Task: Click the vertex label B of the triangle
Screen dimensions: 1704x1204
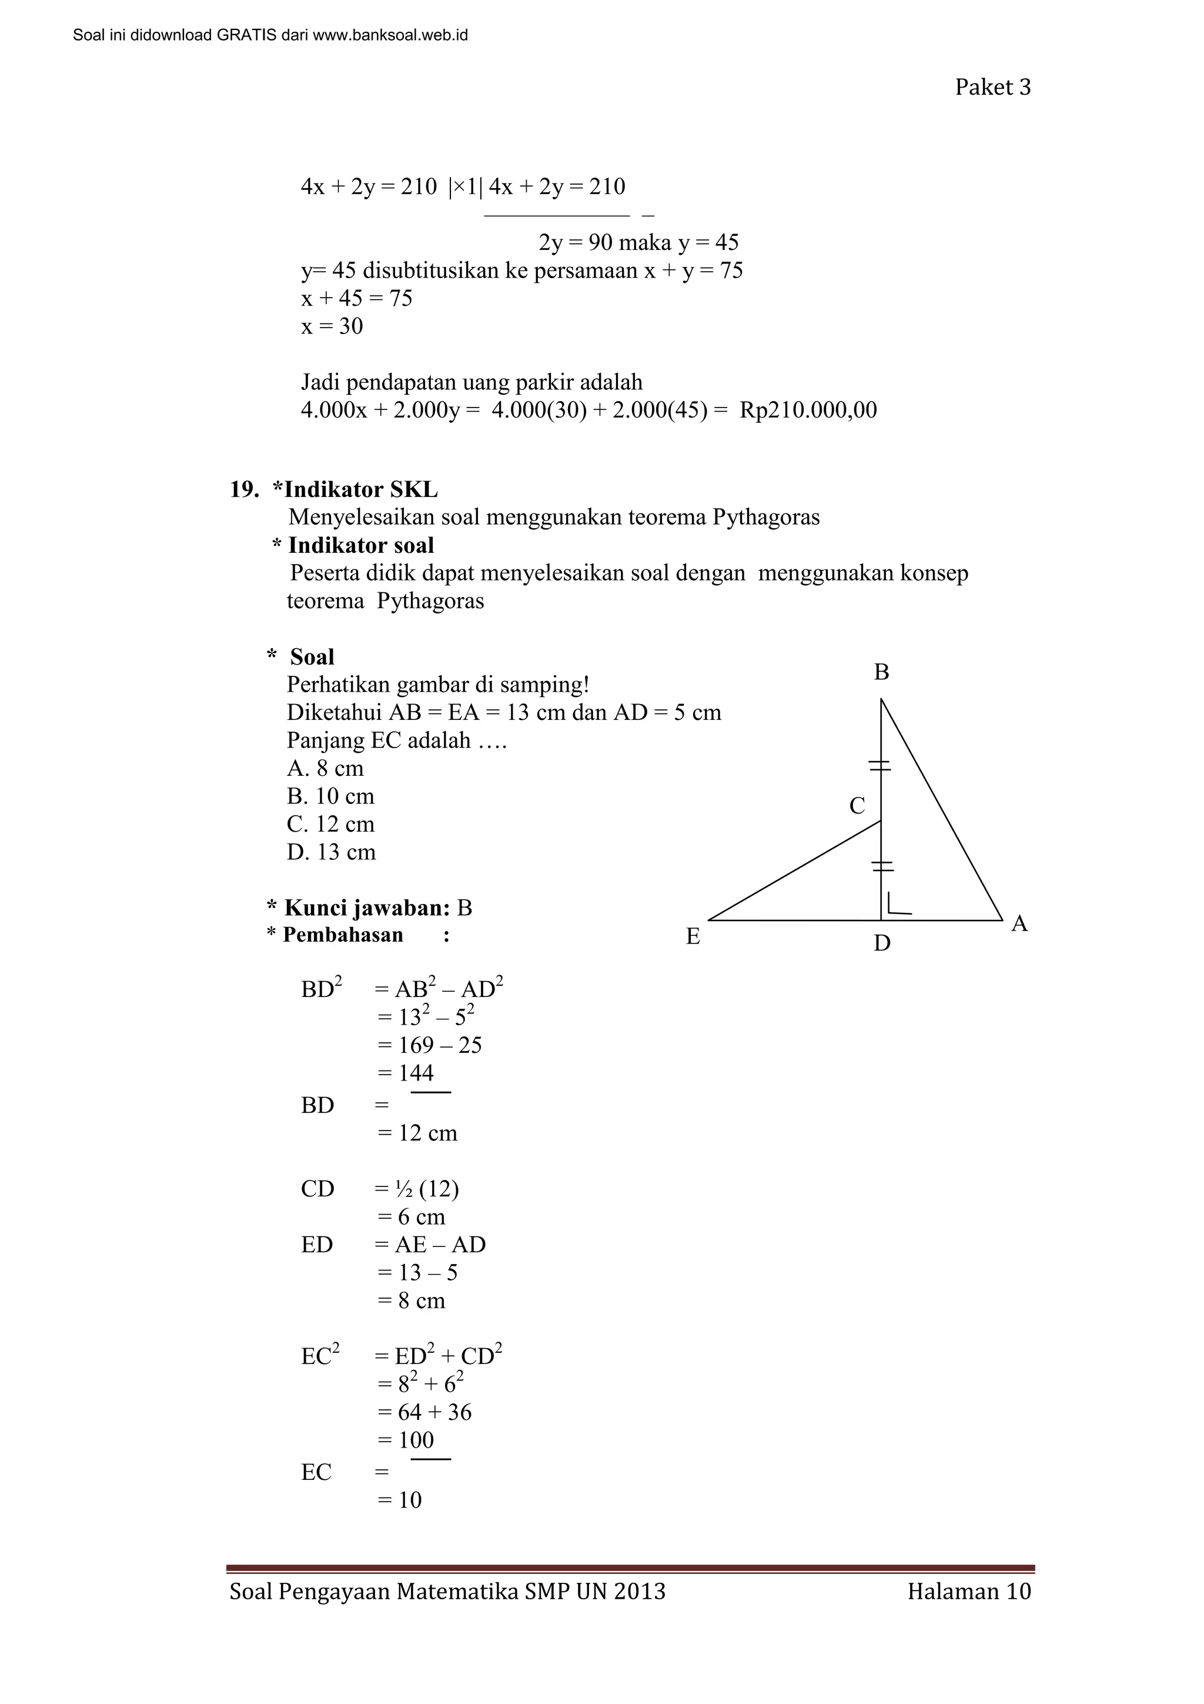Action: coord(881,672)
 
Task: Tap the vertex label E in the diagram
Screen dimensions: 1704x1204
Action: coord(693,936)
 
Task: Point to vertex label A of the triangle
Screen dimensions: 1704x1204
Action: coord(1019,924)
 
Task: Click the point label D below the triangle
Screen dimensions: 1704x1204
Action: coord(881,943)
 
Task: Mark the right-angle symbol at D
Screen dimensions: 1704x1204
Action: coord(898,905)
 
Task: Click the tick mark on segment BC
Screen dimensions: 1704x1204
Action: coord(881,765)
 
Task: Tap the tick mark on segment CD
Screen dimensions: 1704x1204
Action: coord(881,865)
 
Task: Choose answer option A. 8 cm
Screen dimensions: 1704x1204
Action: coord(325,768)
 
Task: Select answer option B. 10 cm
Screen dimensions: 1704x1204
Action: coord(330,796)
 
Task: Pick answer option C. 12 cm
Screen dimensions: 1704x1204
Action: coord(330,825)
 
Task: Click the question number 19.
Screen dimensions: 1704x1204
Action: coord(244,490)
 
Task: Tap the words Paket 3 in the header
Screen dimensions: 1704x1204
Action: coord(992,88)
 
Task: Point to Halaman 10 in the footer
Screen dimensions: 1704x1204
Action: coord(969,1591)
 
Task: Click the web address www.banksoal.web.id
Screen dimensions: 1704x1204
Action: coord(390,35)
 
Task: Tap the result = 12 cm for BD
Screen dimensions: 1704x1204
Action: coord(417,1133)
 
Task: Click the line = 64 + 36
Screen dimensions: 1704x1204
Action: coord(424,1412)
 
